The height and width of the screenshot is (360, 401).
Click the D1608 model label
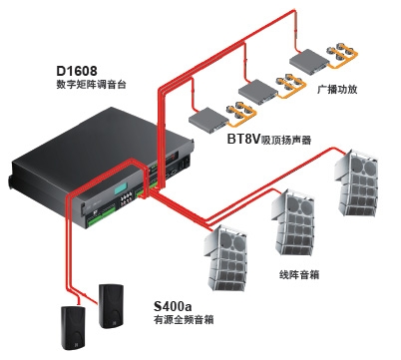[x=77, y=71]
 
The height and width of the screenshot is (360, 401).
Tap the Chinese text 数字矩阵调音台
[x=91, y=85]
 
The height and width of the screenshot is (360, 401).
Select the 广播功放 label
[x=337, y=89]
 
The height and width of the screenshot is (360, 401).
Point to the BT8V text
[x=243, y=139]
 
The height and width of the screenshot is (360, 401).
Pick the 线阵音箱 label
[x=299, y=274]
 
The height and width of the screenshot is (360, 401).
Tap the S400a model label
[x=173, y=305]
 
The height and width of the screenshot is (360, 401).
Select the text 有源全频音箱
[x=184, y=319]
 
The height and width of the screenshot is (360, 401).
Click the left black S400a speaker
[x=73, y=327]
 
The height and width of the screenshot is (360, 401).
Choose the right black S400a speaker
[x=111, y=306]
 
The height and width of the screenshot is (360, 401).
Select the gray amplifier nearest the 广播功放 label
[x=309, y=62]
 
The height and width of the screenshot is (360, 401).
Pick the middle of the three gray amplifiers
[x=258, y=91]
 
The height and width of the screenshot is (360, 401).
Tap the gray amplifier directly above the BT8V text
[x=208, y=120]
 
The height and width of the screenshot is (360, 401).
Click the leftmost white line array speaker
[x=225, y=258]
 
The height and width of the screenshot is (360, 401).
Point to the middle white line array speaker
[x=292, y=222]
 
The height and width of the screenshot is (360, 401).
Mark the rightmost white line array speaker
[x=356, y=183]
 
